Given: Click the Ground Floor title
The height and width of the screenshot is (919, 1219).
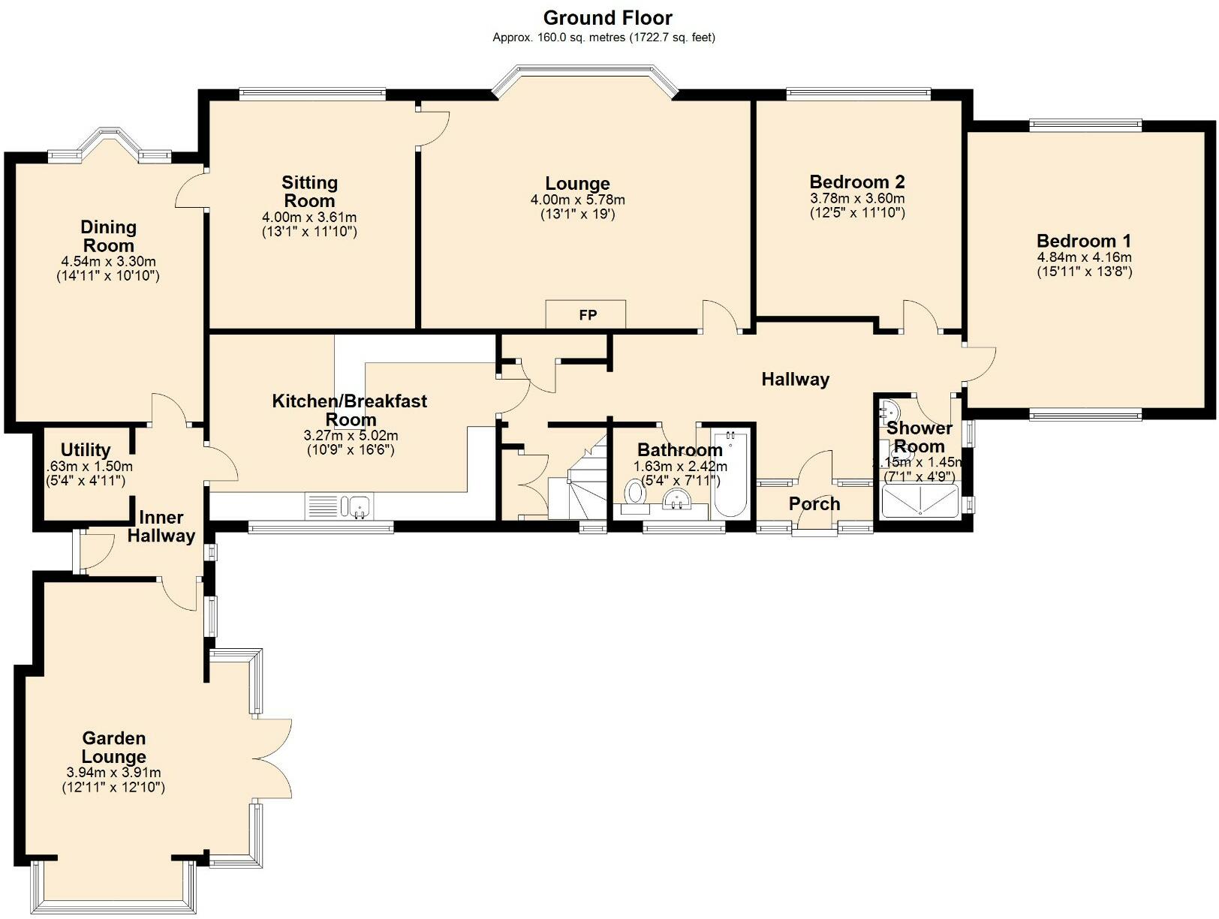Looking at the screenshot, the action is [x=607, y=18].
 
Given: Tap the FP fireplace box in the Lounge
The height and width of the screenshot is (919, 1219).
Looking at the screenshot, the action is [x=586, y=314].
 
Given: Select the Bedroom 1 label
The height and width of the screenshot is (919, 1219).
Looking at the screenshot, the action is [x=1083, y=241].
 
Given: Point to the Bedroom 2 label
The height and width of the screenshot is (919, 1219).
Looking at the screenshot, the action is [x=857, y=182].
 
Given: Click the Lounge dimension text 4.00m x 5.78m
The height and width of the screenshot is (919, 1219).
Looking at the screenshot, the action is [x=577, y=200].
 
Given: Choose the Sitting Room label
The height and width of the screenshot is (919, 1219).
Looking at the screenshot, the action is [x=309, y=191].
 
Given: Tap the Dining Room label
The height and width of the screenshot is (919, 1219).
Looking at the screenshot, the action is [x=108, y=236].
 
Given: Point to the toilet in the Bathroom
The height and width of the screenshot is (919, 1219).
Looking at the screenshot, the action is [x=634, y=497].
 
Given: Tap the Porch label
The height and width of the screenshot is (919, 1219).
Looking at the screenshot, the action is [x=814, y=504].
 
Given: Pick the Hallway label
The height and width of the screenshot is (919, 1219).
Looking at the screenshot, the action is [x=795, y=379].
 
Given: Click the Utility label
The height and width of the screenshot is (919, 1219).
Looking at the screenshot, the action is [x=86, y=449].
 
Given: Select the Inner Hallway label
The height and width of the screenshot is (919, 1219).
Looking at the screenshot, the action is [x=161, y=527].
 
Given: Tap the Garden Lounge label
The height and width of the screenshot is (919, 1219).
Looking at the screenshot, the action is [x=114, y=747].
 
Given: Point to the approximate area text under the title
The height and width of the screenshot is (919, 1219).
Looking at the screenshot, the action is [x=603, y=38].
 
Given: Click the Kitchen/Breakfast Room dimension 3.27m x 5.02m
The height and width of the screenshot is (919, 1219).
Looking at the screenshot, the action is [x=351, y=436].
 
